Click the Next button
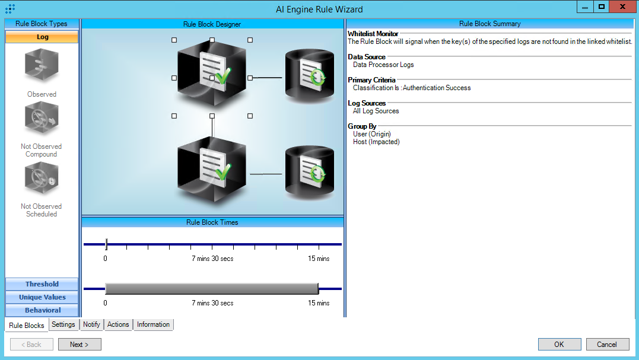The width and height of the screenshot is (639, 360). tap(80, 344)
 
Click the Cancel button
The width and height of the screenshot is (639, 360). tap(608, 344)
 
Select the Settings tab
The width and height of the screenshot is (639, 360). tap(63, 324)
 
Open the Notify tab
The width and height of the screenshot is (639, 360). tap(91, 324)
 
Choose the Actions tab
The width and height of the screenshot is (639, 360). tap(118, 324)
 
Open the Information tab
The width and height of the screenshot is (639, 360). tap(153, 324)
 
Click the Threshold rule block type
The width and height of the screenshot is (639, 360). tap(42, 284)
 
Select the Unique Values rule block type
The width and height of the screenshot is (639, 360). tap(42, 297)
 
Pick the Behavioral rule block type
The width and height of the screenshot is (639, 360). tap(42, 310)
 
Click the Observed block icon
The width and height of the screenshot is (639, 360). tap(42, 66)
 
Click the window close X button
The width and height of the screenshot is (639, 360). tap(621, 7)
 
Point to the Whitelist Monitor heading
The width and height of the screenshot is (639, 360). tap(373, 34)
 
